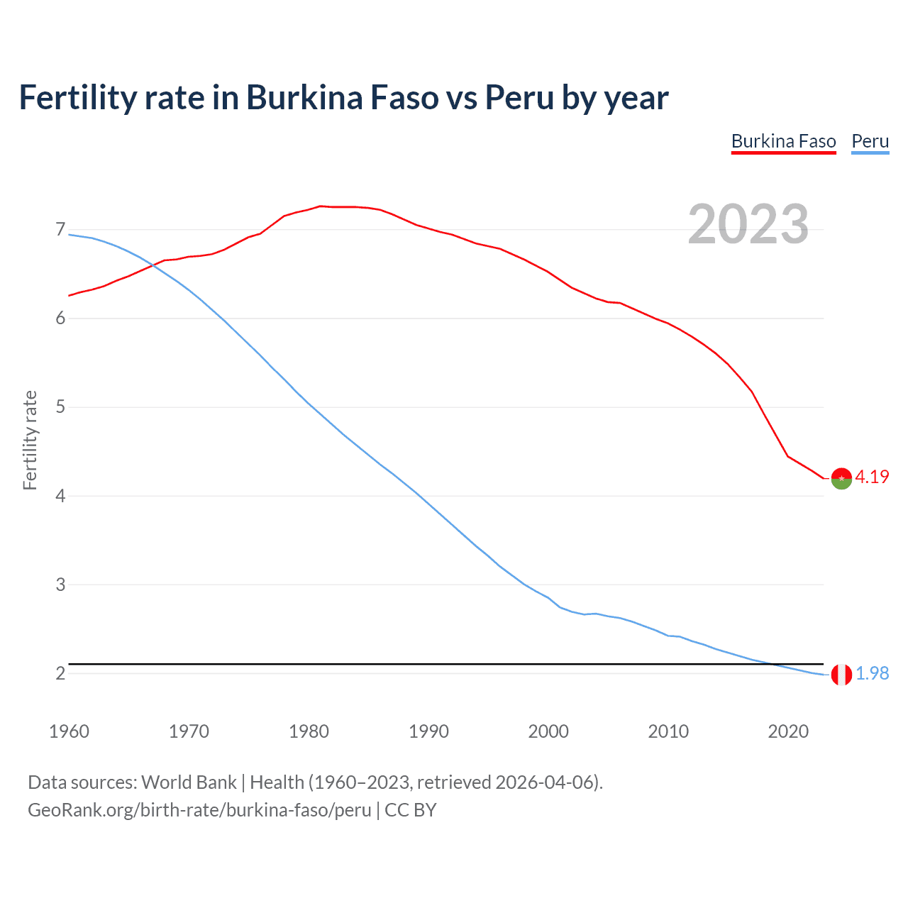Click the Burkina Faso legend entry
[x=783, y=141]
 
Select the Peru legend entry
[x=870, y=141]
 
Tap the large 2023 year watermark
[x=748, y=224]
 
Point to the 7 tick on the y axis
[x=60, y=229]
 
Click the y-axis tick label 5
[x=60, y=407]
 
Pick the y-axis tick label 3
[x=60, y=585]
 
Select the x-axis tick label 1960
[x=69, y=731]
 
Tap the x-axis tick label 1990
[x=428, y=731]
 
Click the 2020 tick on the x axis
[x=788, y=731]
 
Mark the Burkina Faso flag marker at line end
[x=841, y=479]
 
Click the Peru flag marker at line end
[x=841, y=675]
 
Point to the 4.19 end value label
[x=872, y=477]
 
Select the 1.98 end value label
[x=872, y=673]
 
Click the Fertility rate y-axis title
[x=30, y=440]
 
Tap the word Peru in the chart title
[x=519, y=98]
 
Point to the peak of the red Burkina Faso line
[x=321, y=206]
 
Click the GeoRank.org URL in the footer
[x=199, y=810]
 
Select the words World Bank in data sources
[x=189, y=782]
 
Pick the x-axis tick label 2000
[x=548, y=731]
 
